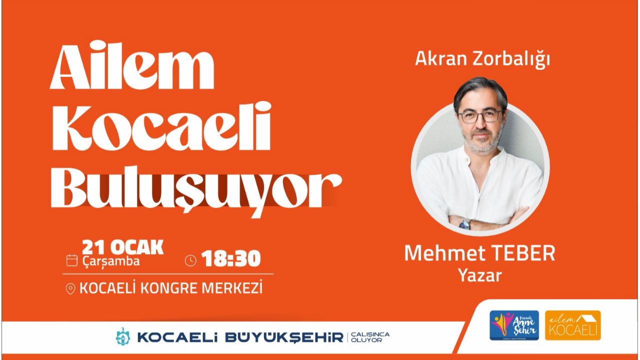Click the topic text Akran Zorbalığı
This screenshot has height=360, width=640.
point(482,59)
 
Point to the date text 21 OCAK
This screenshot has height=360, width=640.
point(122,247)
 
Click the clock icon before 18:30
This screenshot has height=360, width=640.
point(190,260)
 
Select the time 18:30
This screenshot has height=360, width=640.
point(231,259)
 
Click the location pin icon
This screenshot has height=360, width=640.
point(70,289)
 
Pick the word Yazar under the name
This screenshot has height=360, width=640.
point(480,275)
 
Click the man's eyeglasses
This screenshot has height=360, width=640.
point(480,116)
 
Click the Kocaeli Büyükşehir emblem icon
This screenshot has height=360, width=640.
point(122,336)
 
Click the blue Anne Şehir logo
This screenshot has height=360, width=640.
point(514,325)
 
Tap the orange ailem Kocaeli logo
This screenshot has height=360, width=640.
point(572,325)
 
